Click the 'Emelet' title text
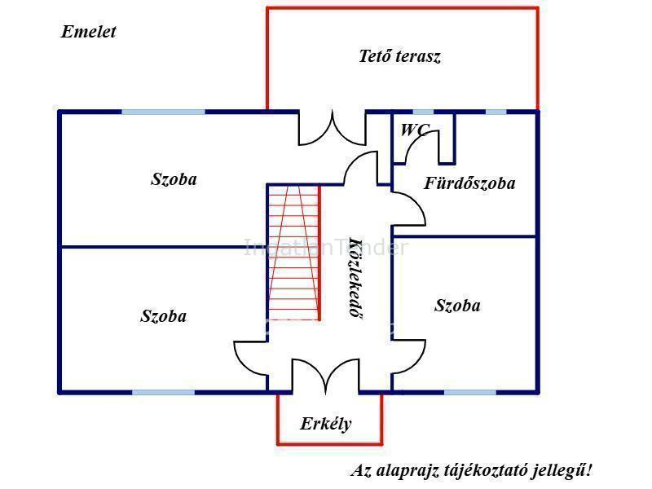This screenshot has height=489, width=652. (88, 32)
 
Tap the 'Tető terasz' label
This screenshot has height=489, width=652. (399, 56)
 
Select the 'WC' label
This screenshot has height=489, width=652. (413, 130)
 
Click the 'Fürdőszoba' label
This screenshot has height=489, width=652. (469, 183)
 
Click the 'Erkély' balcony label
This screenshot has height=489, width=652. (326, 424)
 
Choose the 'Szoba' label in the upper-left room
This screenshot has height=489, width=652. (174, 179)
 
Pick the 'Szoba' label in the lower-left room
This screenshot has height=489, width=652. (163, 316)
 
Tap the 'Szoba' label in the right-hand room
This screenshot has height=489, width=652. (457, 306)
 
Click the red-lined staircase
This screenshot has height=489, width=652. (293, 253)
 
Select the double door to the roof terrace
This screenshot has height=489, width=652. (332, 130)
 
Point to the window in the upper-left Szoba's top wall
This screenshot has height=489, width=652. (163, 112)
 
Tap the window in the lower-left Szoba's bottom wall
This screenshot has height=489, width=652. (163, 392)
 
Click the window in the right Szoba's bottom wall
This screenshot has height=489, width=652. (469, 392)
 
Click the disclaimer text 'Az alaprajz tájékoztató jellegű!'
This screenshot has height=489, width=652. (472, 470)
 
